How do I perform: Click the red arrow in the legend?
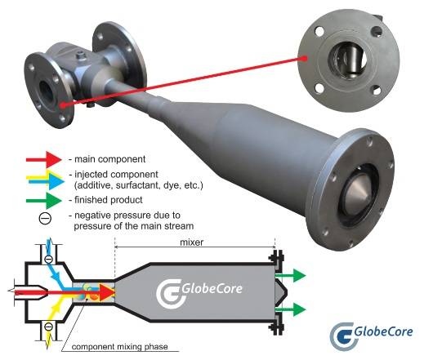point(43,159)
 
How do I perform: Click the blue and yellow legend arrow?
point(45,180)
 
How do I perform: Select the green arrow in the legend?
point(43,200)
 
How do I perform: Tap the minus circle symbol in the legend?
point(45,219)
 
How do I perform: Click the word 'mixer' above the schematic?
point(191,242)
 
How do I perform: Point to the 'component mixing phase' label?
point(119,346)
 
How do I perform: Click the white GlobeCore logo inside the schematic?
point(199,291)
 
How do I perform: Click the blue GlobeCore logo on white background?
point(372,335)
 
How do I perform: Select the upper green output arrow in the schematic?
point(291,275)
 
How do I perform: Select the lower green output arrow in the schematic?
point(291,309)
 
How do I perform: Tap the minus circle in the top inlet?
point(48,260)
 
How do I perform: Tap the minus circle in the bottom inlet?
point(48,327)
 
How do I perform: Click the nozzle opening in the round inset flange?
point(349,59)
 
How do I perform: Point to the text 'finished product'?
point(109,200)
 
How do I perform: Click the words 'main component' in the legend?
point(110,159)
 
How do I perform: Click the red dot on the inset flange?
point(305,58)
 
